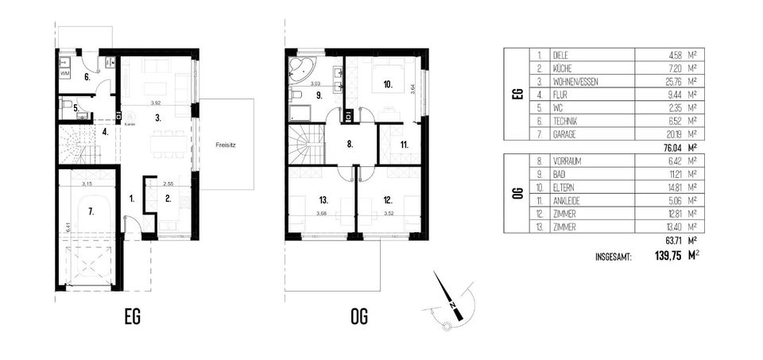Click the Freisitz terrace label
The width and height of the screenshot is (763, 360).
[x=226, y=145]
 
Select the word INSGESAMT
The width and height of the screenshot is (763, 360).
[x=613, y=257]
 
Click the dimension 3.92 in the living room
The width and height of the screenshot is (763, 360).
[x=161, y=103]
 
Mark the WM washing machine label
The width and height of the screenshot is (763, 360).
[x=65, y=73]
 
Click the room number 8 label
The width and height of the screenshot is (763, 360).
[x=350, y=145]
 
